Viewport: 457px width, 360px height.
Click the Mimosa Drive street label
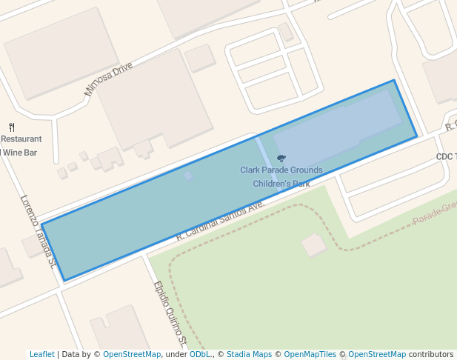point(108,79)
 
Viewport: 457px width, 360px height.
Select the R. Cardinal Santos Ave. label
point(220,221)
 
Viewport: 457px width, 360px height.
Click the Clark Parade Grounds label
point(281,170)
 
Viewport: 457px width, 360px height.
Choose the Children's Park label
point(281,184)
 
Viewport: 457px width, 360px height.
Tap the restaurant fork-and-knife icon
point(12,127)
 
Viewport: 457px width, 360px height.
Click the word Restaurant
point(21,139)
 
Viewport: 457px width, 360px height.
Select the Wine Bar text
point(20,153)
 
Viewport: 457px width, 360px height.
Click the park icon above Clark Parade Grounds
point(281,159)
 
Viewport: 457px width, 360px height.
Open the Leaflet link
point(41,354)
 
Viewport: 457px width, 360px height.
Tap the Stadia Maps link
point(249,354)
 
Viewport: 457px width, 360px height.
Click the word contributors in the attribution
point(431,354)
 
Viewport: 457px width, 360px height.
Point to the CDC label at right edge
point(446,156)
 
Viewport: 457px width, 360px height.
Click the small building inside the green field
point(314,244)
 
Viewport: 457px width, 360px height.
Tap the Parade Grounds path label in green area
point(436,216)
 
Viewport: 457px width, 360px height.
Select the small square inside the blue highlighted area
point(189,176)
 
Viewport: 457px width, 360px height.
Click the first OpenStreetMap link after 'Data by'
point(132,354)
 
